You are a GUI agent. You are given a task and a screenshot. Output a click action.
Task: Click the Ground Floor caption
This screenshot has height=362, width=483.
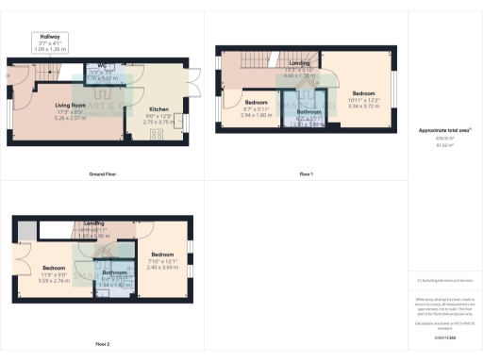click(x=102, y=175)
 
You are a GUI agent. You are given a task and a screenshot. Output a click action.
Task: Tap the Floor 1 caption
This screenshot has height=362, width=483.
click(x=306, y=175)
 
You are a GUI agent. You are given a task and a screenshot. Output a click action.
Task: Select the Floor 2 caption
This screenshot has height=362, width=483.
click(x=102, y=343)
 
